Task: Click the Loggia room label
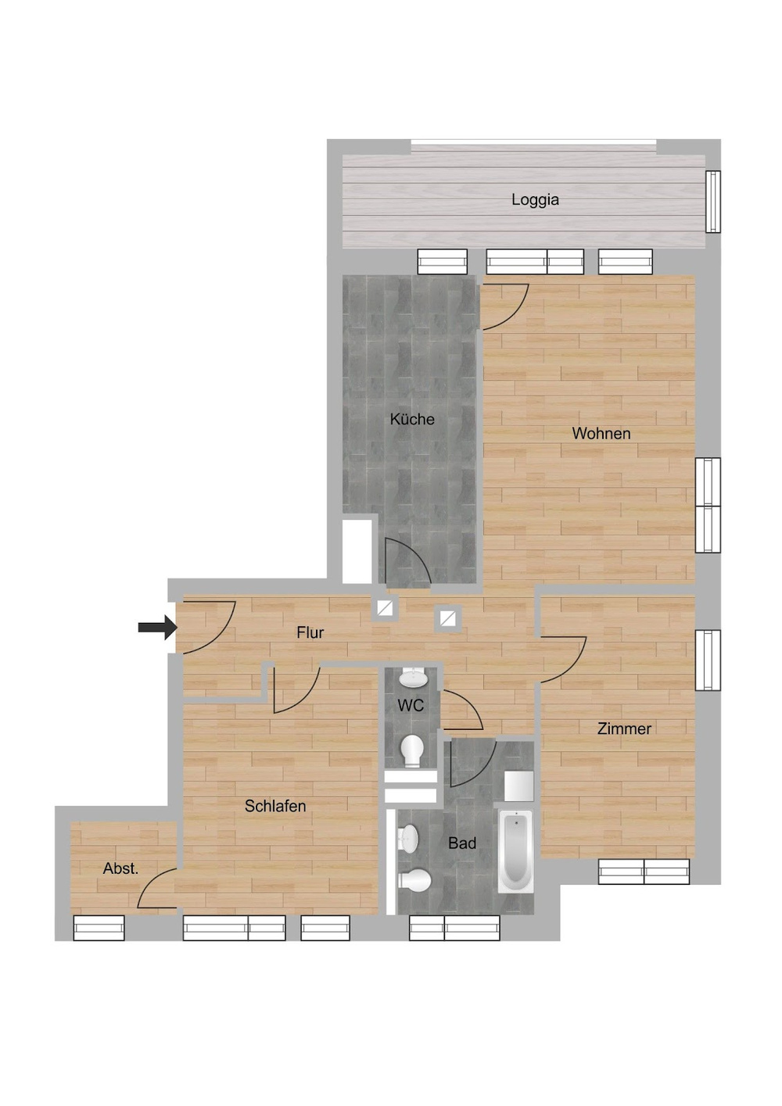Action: coord(535,200)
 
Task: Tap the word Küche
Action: coord(412,420)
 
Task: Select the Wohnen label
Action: coord(601,434)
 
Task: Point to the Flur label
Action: coord(310,632)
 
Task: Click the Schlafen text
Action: coord(275,807)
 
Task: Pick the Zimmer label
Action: coord(624,728)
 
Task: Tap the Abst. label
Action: coord(120,868)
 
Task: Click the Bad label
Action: coord(462,843)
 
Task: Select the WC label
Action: coord(411,706)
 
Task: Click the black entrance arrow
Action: coord(158,628)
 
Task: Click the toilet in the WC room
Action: coord(412,751)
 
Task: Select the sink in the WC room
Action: coord(413,678)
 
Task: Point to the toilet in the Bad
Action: coord(414,880)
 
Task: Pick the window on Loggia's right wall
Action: coord(713,202)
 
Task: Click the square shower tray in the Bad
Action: coord(518,786)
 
